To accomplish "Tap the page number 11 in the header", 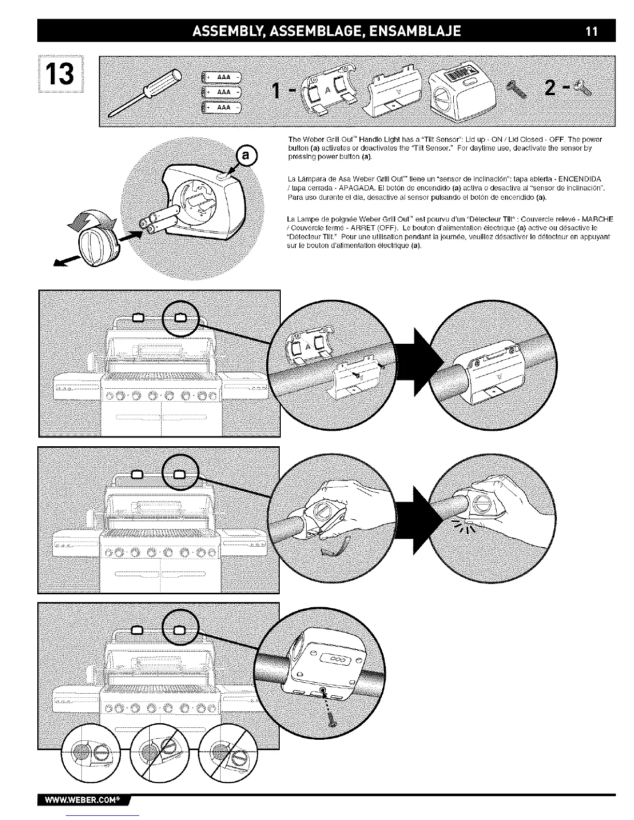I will point(592,31).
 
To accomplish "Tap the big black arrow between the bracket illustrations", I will point(419,357).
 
